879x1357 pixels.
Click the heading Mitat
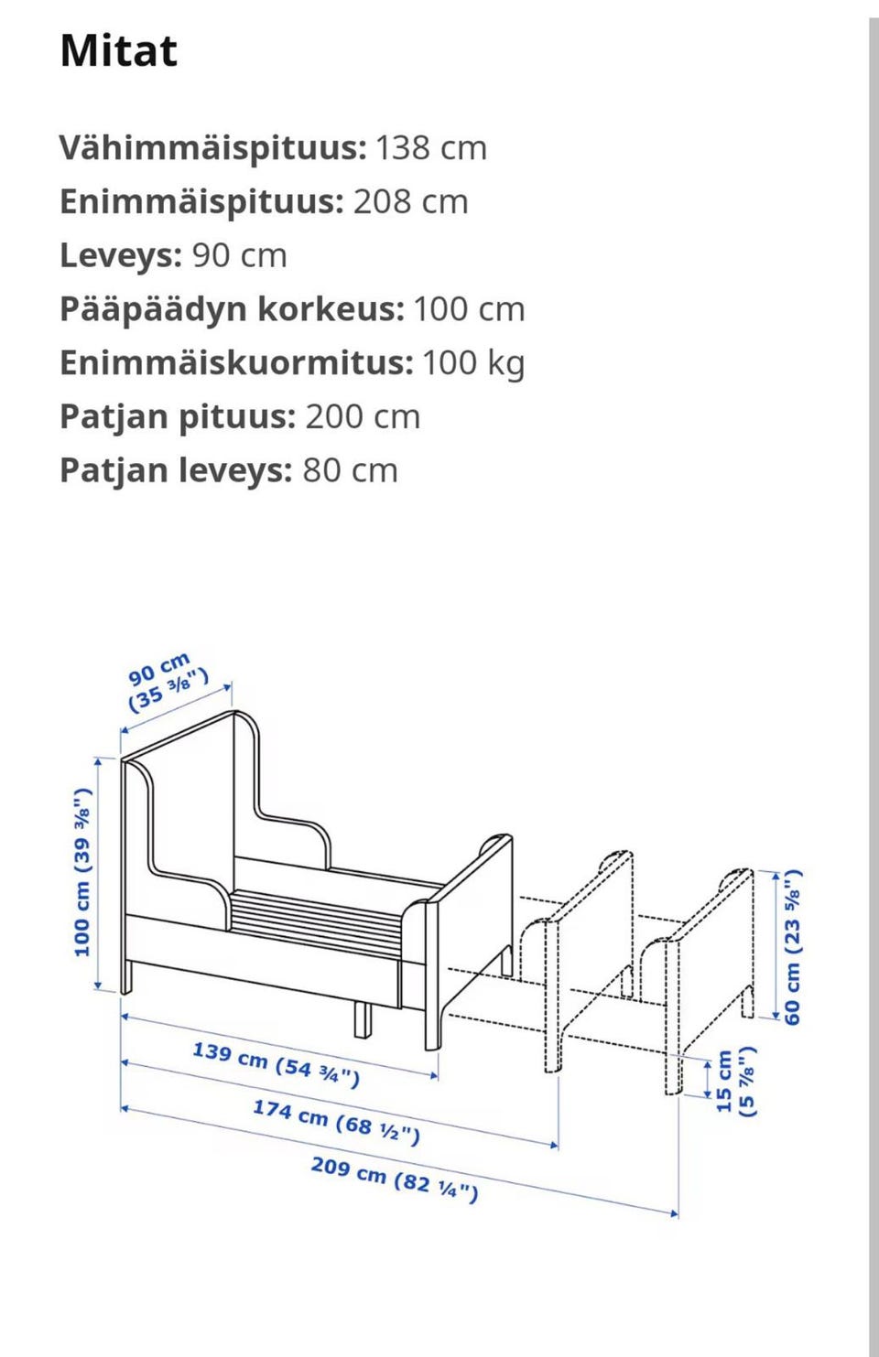tap(118, 50)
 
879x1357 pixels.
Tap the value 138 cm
tap(430, 148)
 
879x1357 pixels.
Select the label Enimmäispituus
tap(201, 202)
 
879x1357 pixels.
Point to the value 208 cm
tap(410, 202)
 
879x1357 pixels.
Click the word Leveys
tap(121, 256)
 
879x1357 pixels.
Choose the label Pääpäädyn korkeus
tap(231, 309)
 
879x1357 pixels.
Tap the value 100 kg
tap(472, 363)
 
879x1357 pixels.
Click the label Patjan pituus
tap(177, 417)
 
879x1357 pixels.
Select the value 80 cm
tap(350, 471)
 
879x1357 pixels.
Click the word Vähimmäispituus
tap(212, 148)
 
